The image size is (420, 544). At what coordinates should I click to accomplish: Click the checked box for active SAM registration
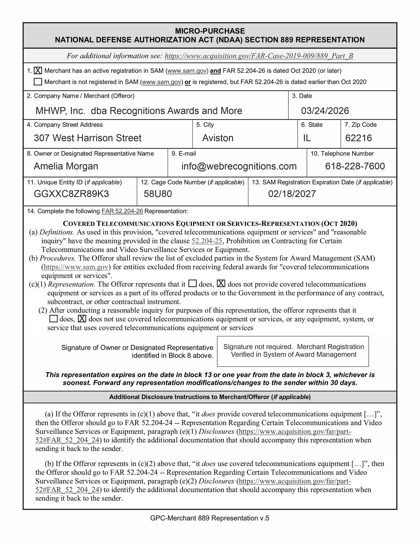tap(38, 71)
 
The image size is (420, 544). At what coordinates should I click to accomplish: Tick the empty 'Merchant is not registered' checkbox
tap(38, 82)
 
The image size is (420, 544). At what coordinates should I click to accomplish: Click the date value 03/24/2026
tap(325, 111)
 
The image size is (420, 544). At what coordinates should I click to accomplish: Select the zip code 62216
tap(358, 138)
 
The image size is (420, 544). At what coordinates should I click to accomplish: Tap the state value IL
tap(307, 138)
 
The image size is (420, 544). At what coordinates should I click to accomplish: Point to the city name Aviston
tap(218, 138)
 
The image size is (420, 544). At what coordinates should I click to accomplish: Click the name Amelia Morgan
tap(66, 166)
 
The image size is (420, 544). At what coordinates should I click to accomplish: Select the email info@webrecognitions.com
tap(239, 166)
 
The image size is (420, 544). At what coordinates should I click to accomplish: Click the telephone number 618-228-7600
tap(355, 166)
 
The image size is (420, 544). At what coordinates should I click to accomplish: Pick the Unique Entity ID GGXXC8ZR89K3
tap(71, 194)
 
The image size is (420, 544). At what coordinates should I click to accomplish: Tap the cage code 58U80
tap(158, 194)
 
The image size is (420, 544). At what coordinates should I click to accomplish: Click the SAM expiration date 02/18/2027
tap(292, 194)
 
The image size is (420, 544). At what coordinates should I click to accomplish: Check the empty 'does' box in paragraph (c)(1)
tap(192, 284)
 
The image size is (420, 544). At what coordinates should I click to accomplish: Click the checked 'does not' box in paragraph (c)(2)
tap(82, 318)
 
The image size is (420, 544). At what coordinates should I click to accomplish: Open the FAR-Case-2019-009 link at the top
tap(259, 56)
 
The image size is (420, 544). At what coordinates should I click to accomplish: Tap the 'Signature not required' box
tap(293, 351)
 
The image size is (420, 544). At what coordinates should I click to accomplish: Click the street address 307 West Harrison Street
tap(87, 138)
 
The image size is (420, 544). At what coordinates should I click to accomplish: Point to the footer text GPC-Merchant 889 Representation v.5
tap(209, 518)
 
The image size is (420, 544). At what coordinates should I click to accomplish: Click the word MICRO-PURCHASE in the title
tap(210, 31)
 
